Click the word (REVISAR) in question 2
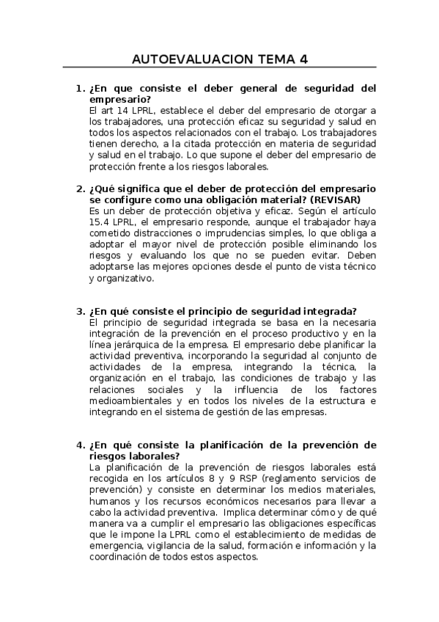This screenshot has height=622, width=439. pyautogui.click(x=336, y=200)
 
